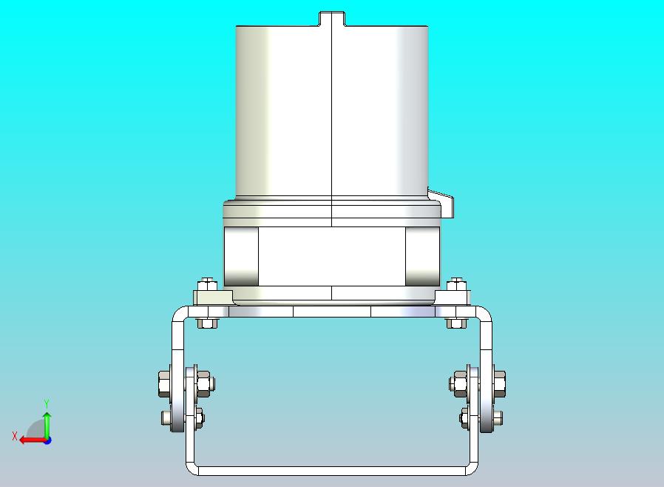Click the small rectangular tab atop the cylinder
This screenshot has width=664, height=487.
[332, 19]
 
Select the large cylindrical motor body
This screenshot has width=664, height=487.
[332, 111]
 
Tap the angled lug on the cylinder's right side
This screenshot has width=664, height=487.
[441, 203]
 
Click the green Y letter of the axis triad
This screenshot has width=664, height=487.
[47, 403]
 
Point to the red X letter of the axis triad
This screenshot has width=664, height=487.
[15, 436]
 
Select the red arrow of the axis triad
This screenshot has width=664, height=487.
[33, 440]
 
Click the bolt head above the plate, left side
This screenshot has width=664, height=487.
[207, 283]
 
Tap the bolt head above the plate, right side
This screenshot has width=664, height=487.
[457, 283]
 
